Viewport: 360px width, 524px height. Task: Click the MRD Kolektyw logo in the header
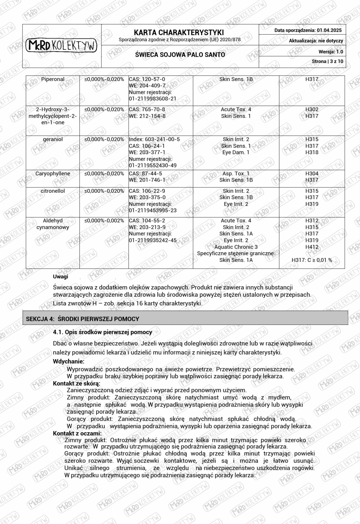[61, 46]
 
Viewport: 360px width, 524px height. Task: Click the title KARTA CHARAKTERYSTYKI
[179, 32]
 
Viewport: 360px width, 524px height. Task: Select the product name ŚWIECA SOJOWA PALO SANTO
[180, 55]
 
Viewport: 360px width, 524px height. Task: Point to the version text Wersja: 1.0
[331, 52]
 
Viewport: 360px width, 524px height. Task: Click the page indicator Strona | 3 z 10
[327, 62]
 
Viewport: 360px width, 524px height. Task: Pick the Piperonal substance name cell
[53, 79]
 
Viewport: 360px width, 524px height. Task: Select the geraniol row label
[53, 139]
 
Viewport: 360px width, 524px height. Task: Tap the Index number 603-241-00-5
[154, 139]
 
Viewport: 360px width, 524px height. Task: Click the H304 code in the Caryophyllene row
[312, 174]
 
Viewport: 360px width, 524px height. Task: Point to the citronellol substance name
[53, 191]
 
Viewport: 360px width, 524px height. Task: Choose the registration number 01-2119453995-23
[153, 211]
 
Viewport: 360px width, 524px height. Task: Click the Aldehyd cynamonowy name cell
[53, 224]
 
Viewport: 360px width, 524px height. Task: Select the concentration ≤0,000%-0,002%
[104, 221]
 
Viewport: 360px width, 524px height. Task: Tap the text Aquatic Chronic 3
[236, 247]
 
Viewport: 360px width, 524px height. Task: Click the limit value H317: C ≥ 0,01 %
[312, 260]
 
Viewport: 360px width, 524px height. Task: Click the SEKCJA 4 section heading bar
[185, 319]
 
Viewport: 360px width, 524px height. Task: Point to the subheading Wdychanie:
[69, 362]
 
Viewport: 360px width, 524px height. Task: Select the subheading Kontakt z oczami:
[77, 433]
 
